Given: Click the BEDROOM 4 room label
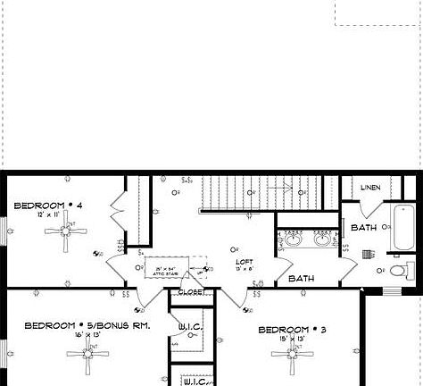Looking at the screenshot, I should (48, 206).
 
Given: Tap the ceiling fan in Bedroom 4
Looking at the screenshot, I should (67, 232).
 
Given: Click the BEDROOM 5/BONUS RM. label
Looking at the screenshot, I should (87, 326).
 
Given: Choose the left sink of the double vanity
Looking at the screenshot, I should (294, 239).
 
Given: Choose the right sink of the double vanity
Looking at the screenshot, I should (323, 239).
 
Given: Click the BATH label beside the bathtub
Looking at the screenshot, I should (363, 228).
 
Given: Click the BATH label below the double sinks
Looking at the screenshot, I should (301, 279).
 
